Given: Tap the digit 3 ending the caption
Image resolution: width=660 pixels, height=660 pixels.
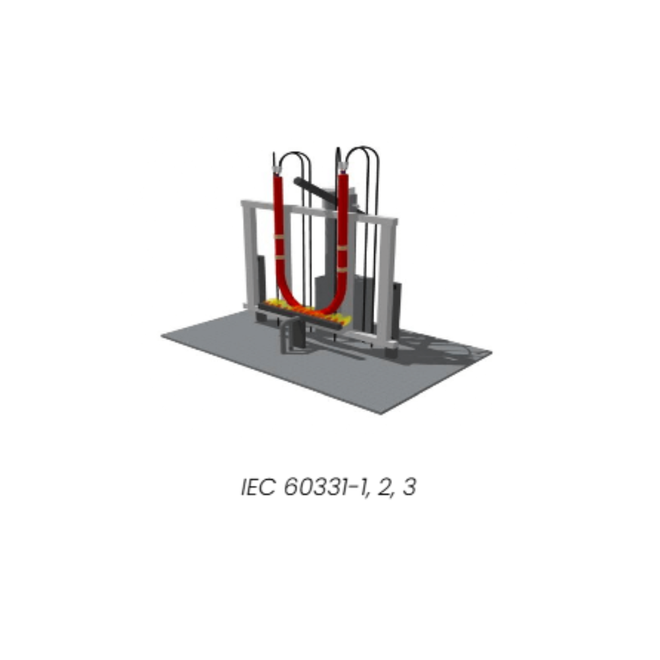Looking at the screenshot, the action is pos(409,487).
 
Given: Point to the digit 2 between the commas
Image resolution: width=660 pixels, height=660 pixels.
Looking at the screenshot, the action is pos(383,487).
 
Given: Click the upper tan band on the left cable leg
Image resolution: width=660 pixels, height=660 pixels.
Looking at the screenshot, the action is pos(279,237).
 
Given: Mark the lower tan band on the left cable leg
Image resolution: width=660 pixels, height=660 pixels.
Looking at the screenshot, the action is pos(280,256).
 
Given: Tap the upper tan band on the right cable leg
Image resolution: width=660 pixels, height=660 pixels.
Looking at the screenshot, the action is pos(342,248).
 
